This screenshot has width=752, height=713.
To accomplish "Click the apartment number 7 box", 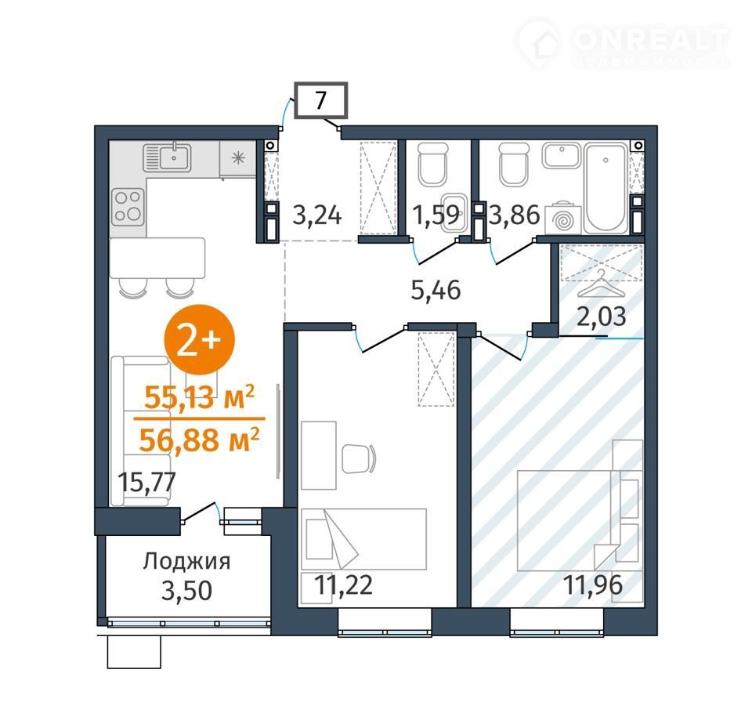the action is click(x=320, y=100).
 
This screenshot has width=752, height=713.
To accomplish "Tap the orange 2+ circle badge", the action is click(x=200, y=339).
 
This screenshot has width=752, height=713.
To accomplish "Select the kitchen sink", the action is click(x=166, y=157).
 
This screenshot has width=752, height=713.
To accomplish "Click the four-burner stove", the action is click(x=128, y=207).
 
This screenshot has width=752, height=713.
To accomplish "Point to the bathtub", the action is click(x=606, y=188).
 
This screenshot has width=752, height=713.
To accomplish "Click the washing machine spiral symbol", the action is click(x=562, y=221).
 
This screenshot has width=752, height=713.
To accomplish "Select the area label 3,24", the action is click(x=317, y=215).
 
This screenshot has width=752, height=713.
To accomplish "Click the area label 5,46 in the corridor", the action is click(x=436, y=290).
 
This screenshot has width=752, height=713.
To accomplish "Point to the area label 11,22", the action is click(x=343, y=585).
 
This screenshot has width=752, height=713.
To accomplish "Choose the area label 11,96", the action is click(x=593, y=585).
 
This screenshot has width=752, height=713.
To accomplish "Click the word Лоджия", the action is click(x=187, y=561).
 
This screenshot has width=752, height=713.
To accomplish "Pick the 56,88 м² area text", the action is click(x=200, y=440).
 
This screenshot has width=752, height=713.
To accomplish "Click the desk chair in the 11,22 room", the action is click(x=359, y=459).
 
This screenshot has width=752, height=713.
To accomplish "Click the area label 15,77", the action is click(x=147, y=482).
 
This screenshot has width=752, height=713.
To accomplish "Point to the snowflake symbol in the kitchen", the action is click(x=238, y=157).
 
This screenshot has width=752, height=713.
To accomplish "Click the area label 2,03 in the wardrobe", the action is click(x=602, y=317).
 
